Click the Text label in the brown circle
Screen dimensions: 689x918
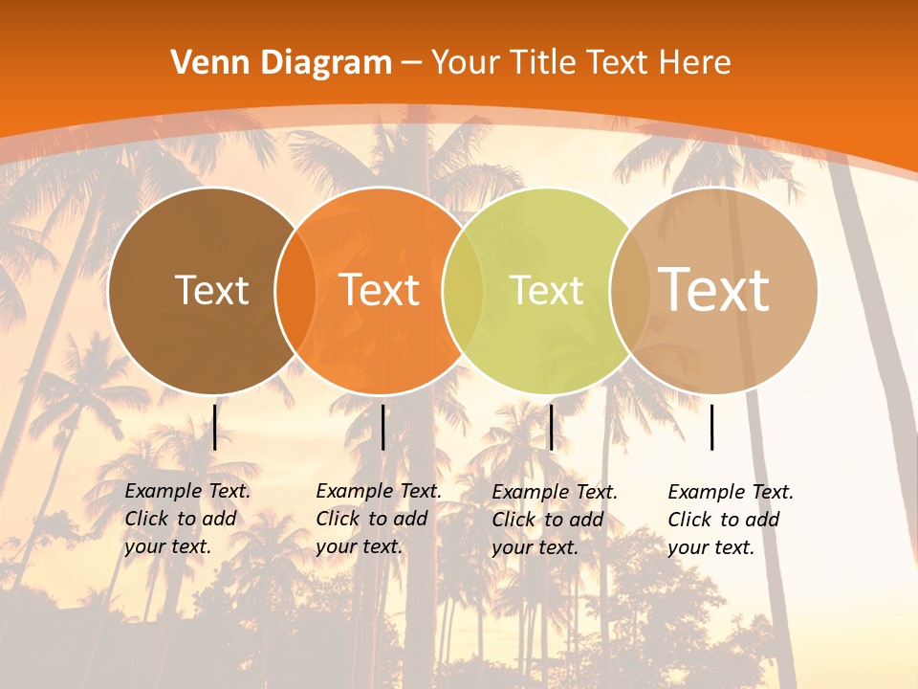tap(211, 290)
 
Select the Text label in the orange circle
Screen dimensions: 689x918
tap(380, 290)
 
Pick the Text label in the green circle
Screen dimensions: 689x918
tap(546, 290)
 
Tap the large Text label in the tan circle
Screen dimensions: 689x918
tap(714, 290)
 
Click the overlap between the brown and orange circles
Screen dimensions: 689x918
tap(295, 291)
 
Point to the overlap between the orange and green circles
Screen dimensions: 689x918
tap(463, 291)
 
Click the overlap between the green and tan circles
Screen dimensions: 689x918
tap(630, 291)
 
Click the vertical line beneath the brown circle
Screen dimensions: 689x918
tap(215, 427)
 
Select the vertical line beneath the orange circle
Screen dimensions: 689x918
tap(382, 427)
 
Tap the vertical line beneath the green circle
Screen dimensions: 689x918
tap(551, 427)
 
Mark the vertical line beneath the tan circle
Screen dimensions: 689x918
tap(712, 427)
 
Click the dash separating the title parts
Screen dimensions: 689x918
tap(411, 64)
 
